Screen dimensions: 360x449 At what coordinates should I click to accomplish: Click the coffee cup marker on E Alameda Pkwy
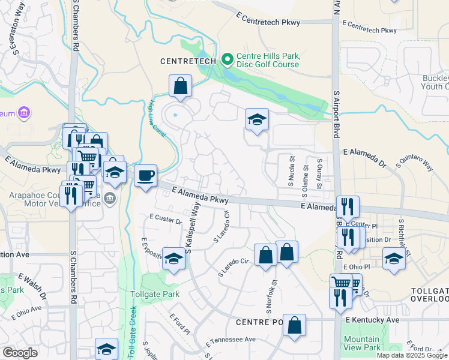[x=145, y=176]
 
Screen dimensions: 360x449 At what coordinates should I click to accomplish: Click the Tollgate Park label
[x=155, y=295]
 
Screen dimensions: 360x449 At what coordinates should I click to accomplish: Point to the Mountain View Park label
[x=362, y=343]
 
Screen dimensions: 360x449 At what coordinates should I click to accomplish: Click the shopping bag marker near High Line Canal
[x=180, y=86]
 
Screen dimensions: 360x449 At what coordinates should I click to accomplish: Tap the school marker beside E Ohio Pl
[x=394, y=259]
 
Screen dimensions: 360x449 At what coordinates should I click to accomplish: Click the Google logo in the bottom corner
[x=20, y=353]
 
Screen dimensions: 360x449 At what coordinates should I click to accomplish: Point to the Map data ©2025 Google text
[x=412, y=355]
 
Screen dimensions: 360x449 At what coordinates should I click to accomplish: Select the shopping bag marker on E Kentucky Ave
[x=294, y=326]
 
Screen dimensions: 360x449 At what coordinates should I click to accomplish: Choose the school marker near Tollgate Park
[x=173, y=259]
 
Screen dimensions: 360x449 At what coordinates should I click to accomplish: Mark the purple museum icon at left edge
[x=24, y=112]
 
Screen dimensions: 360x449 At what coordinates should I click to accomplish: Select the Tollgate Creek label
[x=133, y=333]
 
